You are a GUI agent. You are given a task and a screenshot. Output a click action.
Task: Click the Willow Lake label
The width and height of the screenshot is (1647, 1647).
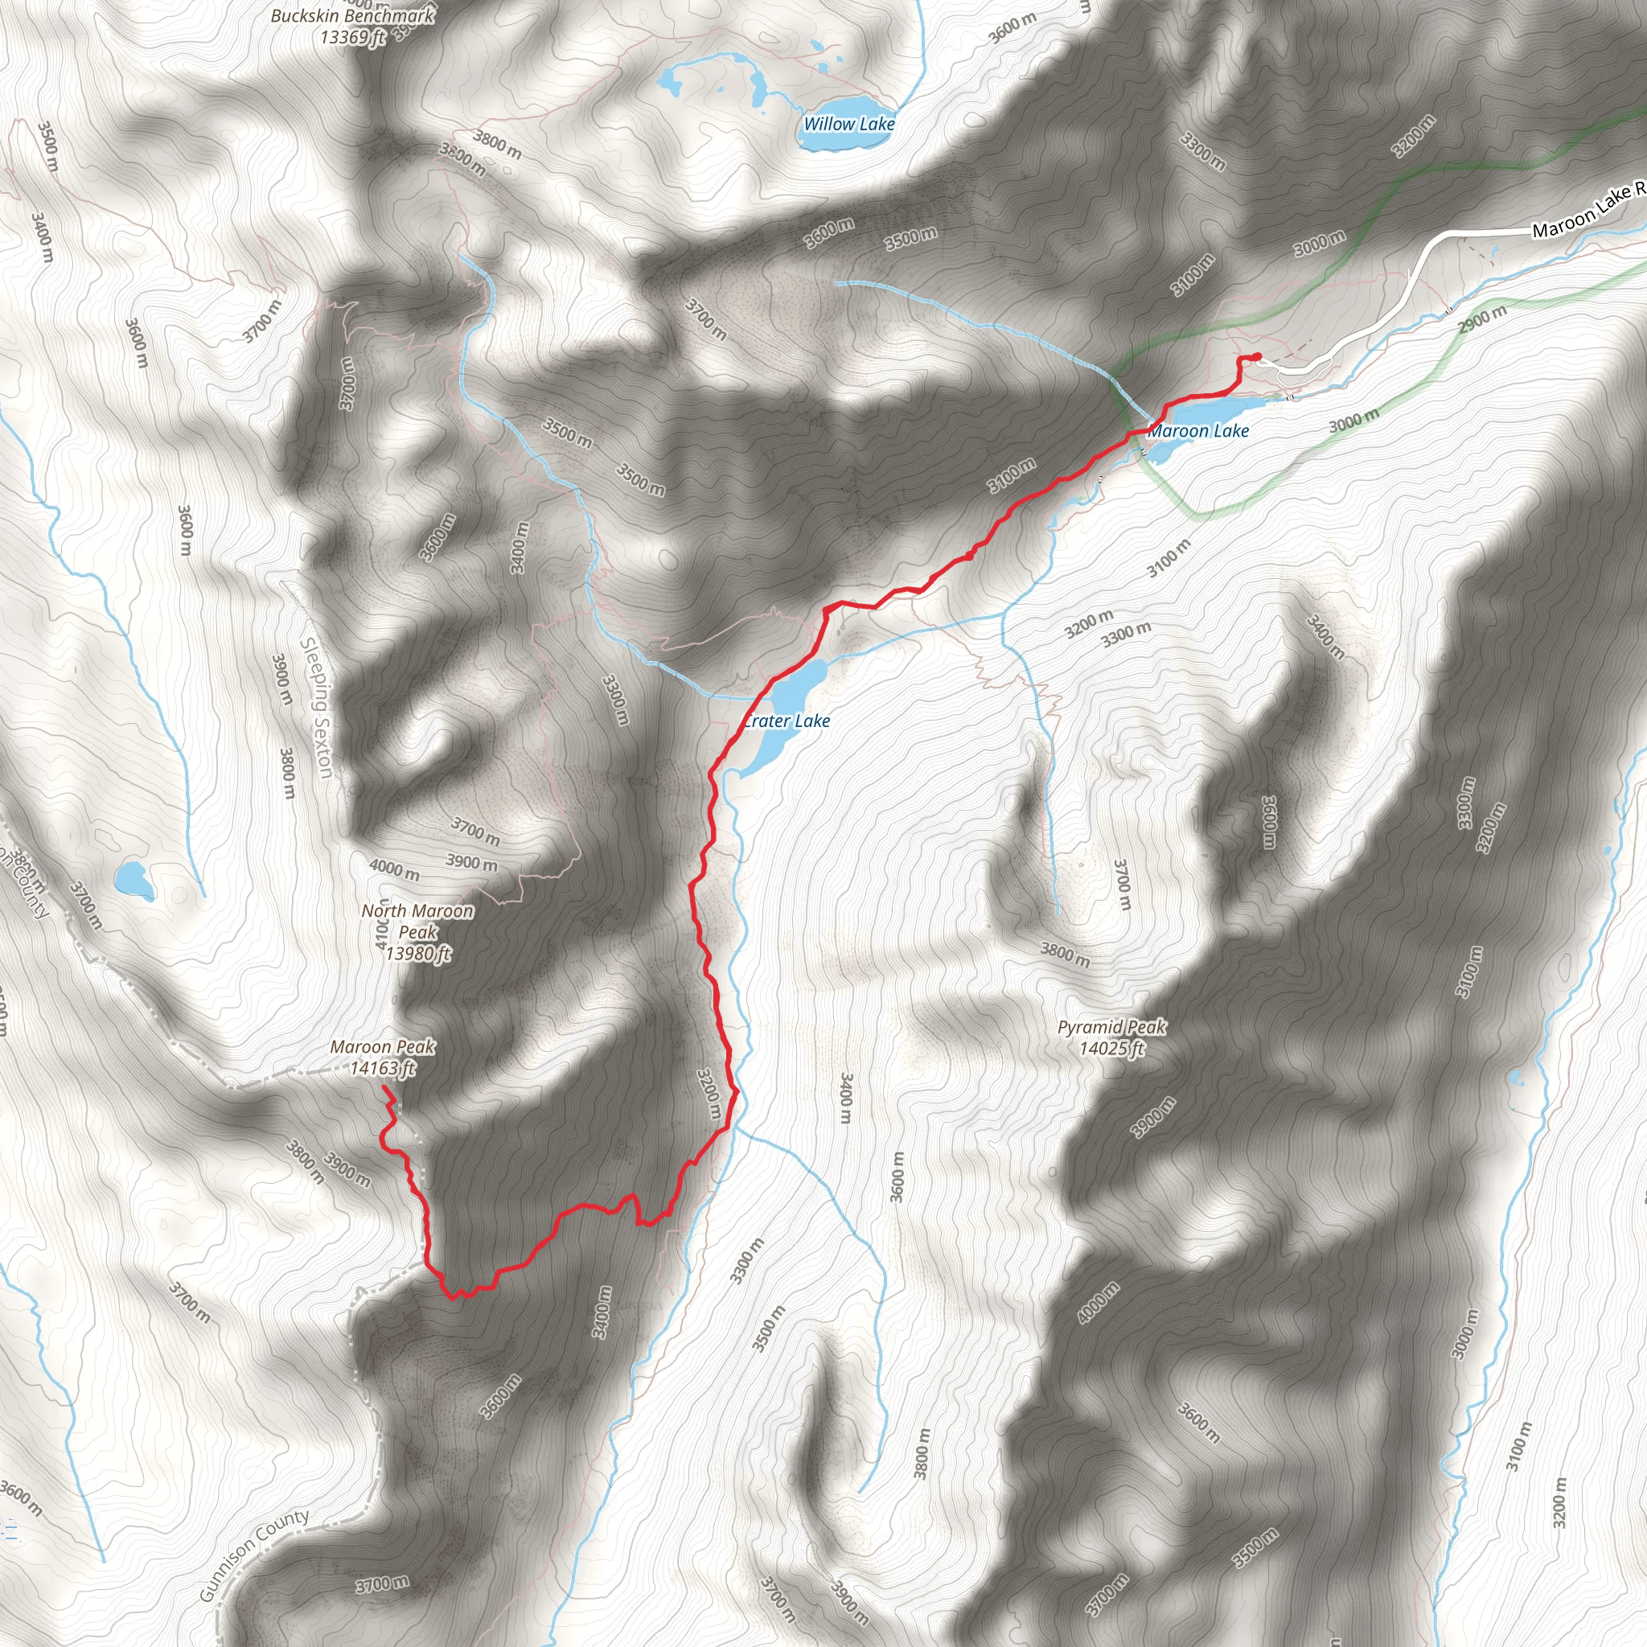click(x=849, y=124)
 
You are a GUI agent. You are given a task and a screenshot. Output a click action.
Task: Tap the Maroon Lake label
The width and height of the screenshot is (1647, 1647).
click(x=1197, y=431)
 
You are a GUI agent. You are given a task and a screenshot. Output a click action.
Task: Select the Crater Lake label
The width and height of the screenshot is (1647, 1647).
click(x=787, y=721)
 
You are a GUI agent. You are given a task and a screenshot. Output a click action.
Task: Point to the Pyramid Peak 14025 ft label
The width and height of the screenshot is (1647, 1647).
click(x=1111, y=1037)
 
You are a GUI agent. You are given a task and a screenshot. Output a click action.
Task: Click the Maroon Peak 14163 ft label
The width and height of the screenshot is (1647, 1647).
click(x=383, y=1057)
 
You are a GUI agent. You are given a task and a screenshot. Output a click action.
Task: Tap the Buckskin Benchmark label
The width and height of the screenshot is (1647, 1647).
click(x=353, y=26)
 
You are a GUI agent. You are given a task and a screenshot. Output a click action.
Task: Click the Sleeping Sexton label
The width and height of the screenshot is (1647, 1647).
click(x=316, y=708)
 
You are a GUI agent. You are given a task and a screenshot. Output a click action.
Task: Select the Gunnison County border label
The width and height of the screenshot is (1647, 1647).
click(x=253, y=1557)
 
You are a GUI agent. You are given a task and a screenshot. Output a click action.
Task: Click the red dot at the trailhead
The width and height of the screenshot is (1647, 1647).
click(x=1258, y=356)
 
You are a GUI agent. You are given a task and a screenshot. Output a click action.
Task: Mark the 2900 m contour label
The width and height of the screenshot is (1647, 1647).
click(x=1481, y=320)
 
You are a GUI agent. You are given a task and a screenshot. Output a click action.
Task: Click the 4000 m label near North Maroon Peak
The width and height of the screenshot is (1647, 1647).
click(x=394, y=869)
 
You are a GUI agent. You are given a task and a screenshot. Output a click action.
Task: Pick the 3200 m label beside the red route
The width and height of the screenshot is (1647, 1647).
click(x=709, y=1095)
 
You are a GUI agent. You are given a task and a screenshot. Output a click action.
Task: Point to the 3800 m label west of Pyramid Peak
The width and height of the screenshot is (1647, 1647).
click(x=1065, y=954)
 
